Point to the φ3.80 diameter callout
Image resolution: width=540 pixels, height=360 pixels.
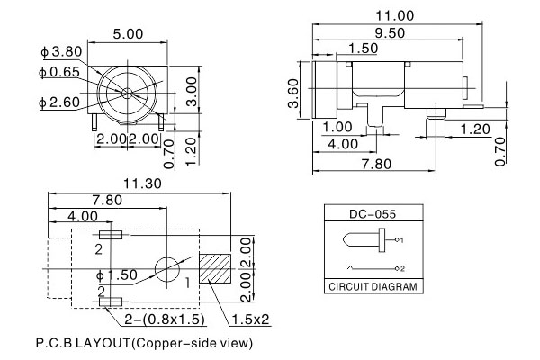(x=35, y=51)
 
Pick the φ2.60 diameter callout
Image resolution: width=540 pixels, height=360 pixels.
(x=35, y=101)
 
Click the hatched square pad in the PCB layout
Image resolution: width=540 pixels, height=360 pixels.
(x=216, y=268)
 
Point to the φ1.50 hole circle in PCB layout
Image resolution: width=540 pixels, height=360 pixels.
(x=168, y=269)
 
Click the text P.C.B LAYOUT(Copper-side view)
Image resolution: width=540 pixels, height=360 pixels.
(x=144, y=343)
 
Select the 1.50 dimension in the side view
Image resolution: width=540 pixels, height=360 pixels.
(x=363, y=47)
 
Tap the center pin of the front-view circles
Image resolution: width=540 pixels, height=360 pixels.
(x=127, y=93)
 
